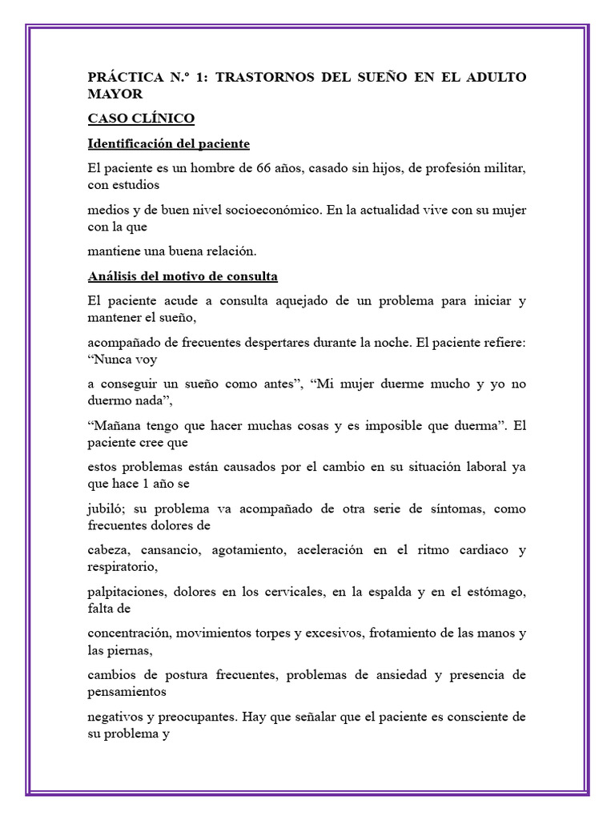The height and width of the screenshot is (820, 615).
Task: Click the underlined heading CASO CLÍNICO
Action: pyautogui.click(x=140, y=119)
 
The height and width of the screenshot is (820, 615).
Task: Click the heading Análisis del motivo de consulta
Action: pyautogui.click(x=183, y=277)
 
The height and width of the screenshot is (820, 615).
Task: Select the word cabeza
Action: pyautogui.click(x=109, y=550)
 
